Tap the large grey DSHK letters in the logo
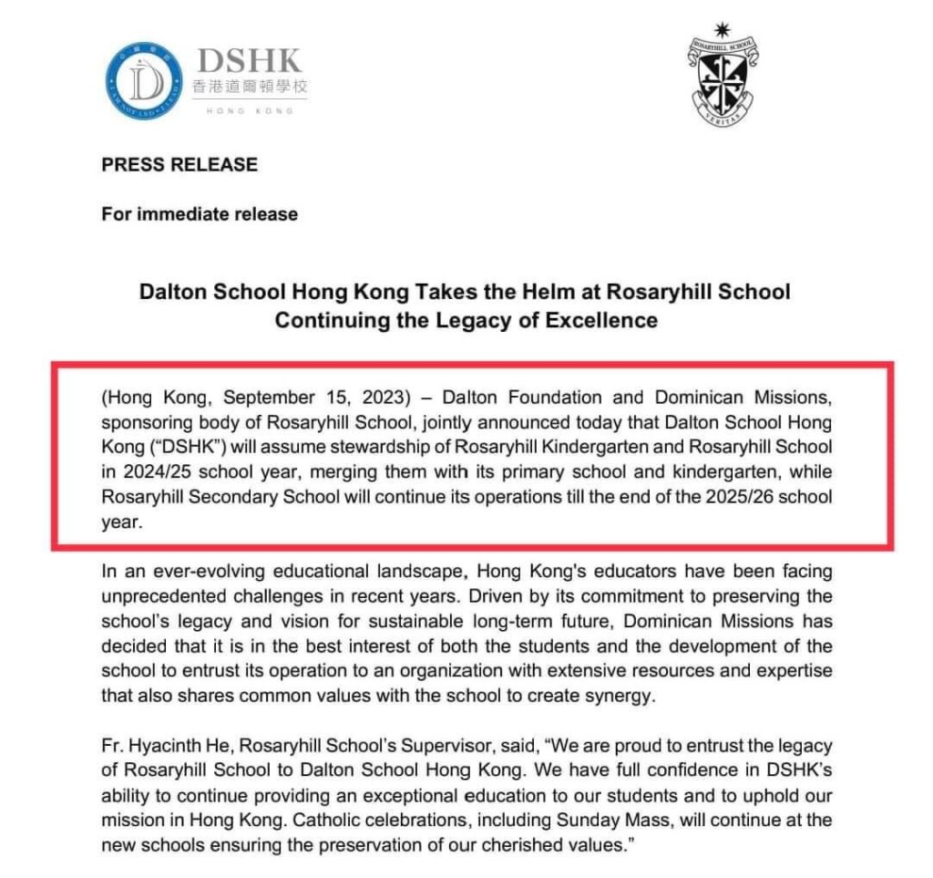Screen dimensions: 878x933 pyautogui.click(x=250, y=62)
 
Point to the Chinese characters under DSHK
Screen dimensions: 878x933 pyautogui.click(x=250, y=88)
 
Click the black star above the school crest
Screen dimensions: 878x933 pyautogui.click(x=723, y=29)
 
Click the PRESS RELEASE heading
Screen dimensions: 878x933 pyautogui.click(x=179, y=165)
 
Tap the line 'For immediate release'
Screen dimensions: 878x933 pyautogui.click(x=200, y=214)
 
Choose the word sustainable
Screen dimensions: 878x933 pyautogui.click(x=438, y=621)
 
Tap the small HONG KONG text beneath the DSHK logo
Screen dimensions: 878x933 pyautogui.click(x=250, y=110)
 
